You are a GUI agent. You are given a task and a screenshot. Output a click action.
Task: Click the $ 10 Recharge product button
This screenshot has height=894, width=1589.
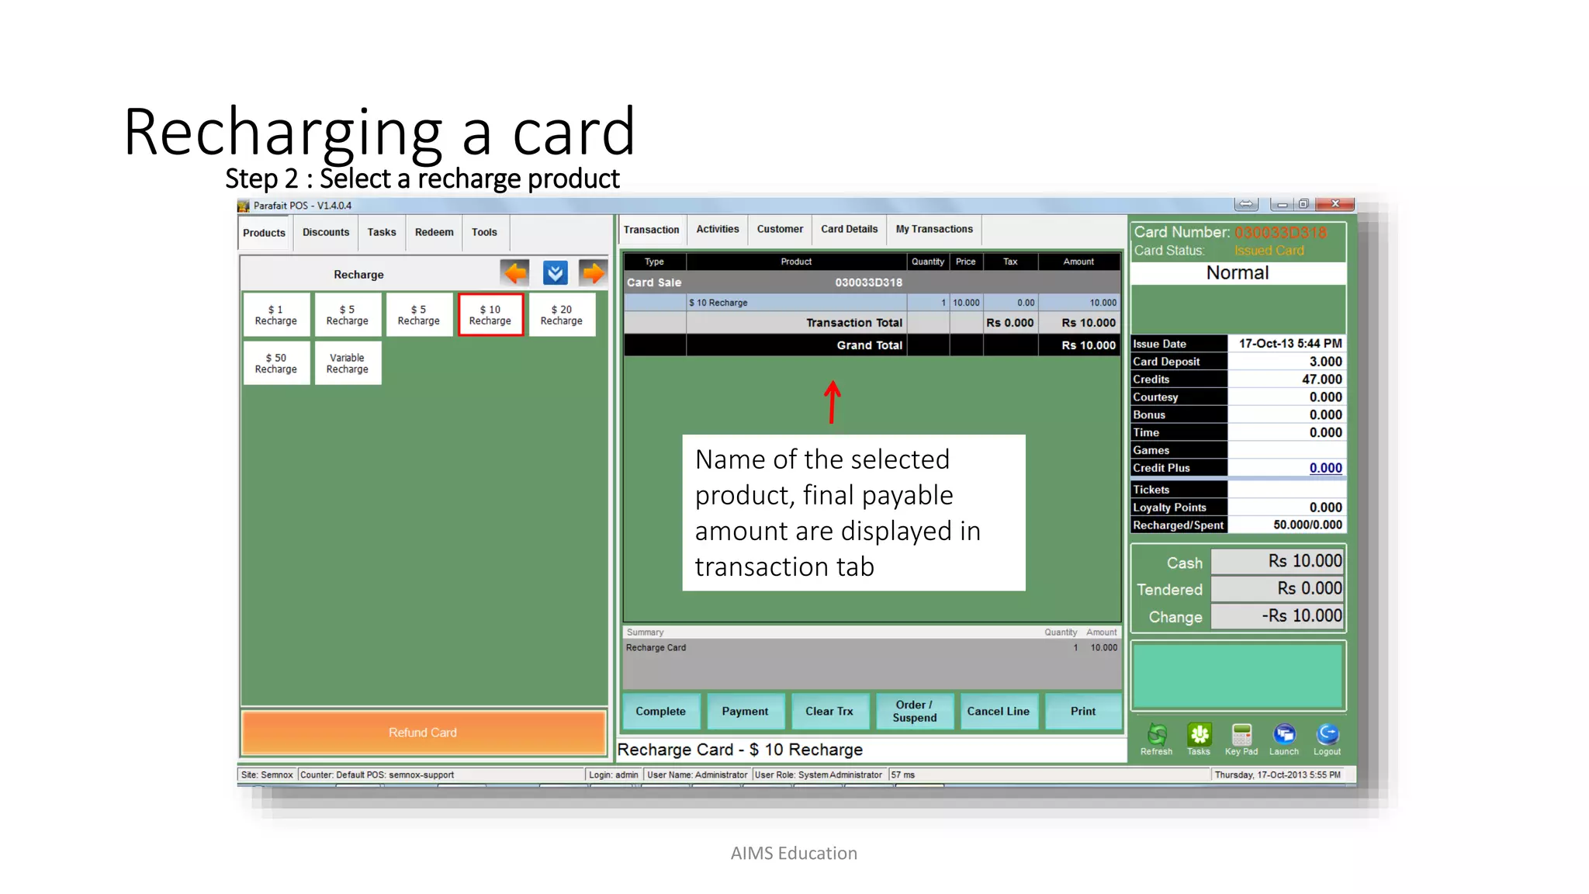click(490, 315)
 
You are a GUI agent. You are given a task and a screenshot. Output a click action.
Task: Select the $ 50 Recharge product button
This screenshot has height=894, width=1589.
click(276, 363)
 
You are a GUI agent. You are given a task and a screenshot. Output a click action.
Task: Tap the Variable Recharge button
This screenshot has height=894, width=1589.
click(348, 363)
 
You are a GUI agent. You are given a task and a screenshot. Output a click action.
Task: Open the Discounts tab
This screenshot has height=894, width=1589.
click(326, 232)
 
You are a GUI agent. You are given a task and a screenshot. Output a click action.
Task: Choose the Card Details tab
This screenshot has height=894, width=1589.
click(850, 229)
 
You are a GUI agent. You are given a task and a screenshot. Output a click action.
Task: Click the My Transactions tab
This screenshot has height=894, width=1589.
click(934, 229)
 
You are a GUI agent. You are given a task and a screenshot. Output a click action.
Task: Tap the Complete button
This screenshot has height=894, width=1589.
click(661, 711)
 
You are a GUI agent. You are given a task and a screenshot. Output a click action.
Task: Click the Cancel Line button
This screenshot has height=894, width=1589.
click(998, 711)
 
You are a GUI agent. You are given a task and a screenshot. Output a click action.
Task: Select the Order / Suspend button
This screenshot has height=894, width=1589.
click(915, 711)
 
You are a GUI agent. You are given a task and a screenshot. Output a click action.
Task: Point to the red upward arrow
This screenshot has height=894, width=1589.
click(833, 401)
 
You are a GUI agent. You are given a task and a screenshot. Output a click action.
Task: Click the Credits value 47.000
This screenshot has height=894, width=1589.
click(1322, 379)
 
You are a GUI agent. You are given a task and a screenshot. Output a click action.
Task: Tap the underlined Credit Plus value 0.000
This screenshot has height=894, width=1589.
click(1325, 468)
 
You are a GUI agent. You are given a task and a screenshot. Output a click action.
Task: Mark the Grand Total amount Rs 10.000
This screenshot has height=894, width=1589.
click(1089, 345)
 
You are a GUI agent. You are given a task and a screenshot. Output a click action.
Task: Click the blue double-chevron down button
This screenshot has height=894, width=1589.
click(555, 273)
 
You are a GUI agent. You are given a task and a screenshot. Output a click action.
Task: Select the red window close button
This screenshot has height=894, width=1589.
click(1335, 204)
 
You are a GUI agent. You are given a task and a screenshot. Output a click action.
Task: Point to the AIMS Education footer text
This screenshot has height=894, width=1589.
click(794, 853)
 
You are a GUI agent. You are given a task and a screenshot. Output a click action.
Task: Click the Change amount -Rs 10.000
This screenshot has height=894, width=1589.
click(1301, 616)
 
